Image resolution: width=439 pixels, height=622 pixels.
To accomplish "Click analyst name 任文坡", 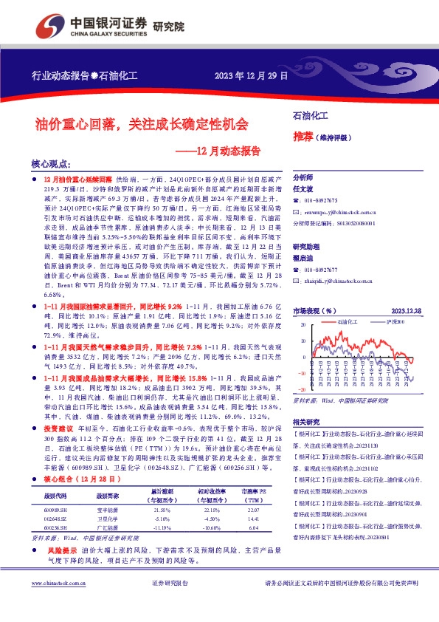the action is (x=304, y=188).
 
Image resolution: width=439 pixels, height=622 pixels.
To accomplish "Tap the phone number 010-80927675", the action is (x=321, y=200).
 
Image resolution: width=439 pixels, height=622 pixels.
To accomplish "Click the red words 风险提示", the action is (x=63, y=550).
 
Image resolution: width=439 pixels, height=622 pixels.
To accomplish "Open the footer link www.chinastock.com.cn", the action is (x=57, y=604).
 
